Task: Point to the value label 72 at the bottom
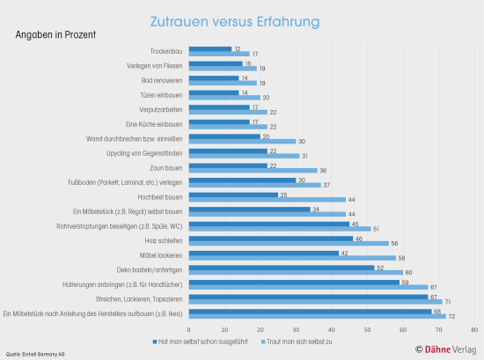(x=452, y=315)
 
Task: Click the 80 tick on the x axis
(x=473, y=328)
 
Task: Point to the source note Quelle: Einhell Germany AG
(x=35, y=353)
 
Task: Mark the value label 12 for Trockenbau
(x=238, y=49)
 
